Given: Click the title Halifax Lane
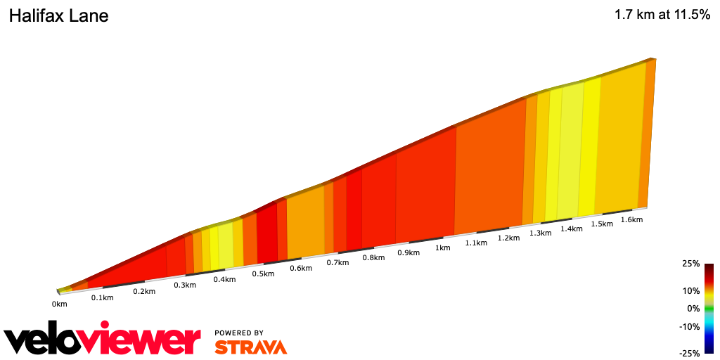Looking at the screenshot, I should click(x=58, y=15).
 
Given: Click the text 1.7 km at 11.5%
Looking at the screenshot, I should click(x=662, y=15).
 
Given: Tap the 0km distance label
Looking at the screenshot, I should click(x=59, y=304).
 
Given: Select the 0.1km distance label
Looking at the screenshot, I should click(x=102, y=297).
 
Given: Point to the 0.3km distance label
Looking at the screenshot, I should click(x=185, y=285).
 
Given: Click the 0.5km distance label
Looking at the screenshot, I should click(x=263, y=274).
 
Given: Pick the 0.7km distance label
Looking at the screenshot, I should click(x=337, y=263).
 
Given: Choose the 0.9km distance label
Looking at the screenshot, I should click(x=408, y=252).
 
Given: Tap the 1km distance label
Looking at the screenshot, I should click(x=442, y=247).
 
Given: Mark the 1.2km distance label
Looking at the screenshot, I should click(x=508, y=238).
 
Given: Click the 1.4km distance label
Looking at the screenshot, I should click(x=572, y=229).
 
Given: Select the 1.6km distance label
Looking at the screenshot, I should click(x=632, y=219).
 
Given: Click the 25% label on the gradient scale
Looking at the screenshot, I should click(x=691, y=264).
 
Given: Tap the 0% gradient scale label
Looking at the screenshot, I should click(x=694, y=308).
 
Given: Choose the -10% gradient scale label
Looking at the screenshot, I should click(x=690, y=326).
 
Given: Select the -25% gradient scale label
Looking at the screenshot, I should click(x=690, y=353).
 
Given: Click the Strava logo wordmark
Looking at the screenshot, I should click(x=250, y=347).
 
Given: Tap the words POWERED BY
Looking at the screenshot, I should click(x=239, y=333).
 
